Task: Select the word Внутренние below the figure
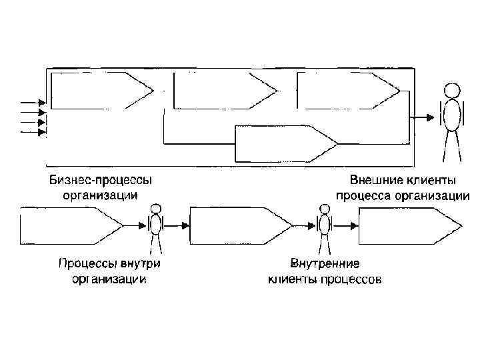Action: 325,264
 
